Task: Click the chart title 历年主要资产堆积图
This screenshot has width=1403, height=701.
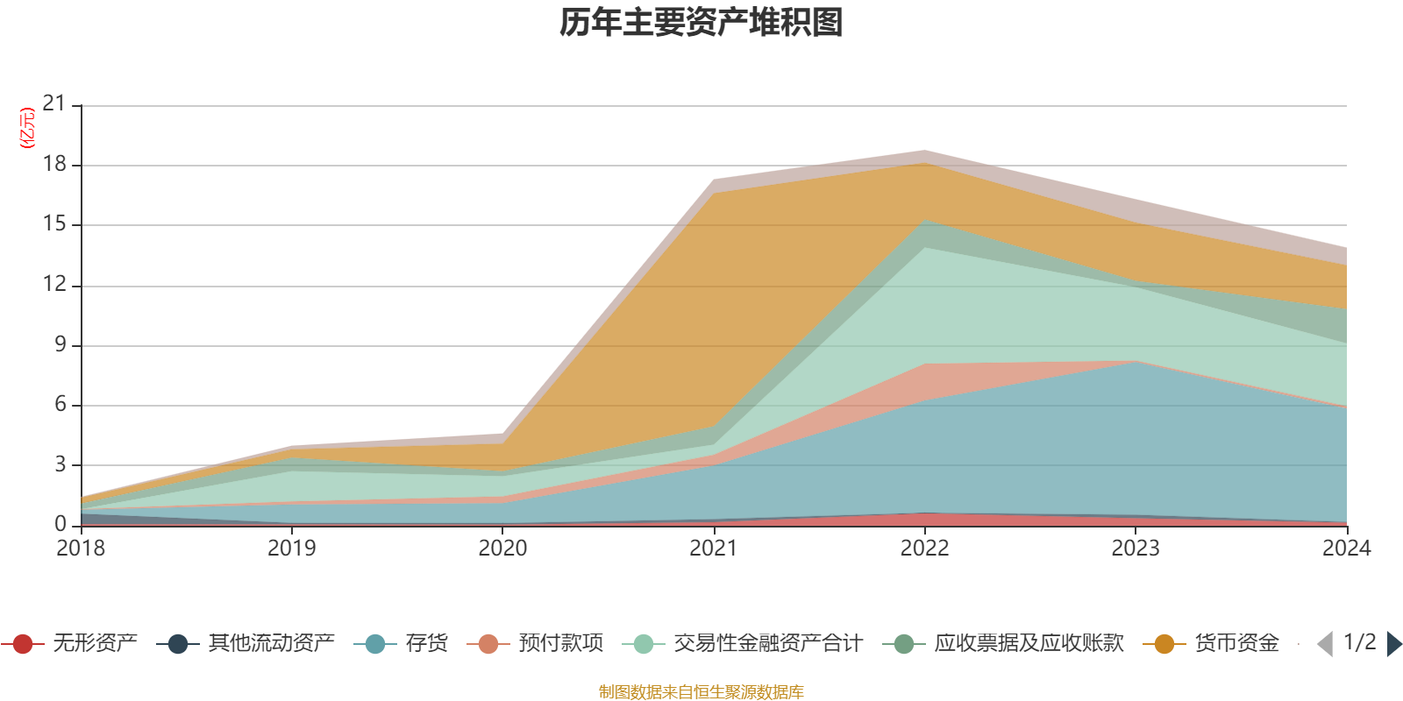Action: pyautogui.click(x=701, y=23)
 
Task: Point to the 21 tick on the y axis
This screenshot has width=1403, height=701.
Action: pyautogui.click(x=54, y=104)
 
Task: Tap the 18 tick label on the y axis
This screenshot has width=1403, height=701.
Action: pyautogui.click(x=54, y=165)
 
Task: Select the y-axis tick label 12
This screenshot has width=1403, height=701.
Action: pyautogui.click(x=54, y=285)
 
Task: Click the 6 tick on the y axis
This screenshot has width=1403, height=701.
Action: pyautogui.click(x=60, y=405)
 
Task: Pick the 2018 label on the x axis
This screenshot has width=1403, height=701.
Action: pyautogui.click(x=81, y=549)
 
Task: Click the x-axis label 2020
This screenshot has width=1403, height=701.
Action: pyautogui.click(x=502, y=549)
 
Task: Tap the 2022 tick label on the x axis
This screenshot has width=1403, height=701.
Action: pyautogui.click(x=924, y=549)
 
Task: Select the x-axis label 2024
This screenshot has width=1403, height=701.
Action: pyautogui.click(x=1346, y=549)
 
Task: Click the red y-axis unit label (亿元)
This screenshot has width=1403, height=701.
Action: pyautogui.click(x=27, y=128)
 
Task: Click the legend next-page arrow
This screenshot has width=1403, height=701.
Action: pyautogui.click(x=1393, y=644)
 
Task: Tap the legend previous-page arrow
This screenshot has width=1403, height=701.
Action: pyautogui.click(x=1325, y=644)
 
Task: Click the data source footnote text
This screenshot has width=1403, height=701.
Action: pyautogui.click(x=701, y=692)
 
